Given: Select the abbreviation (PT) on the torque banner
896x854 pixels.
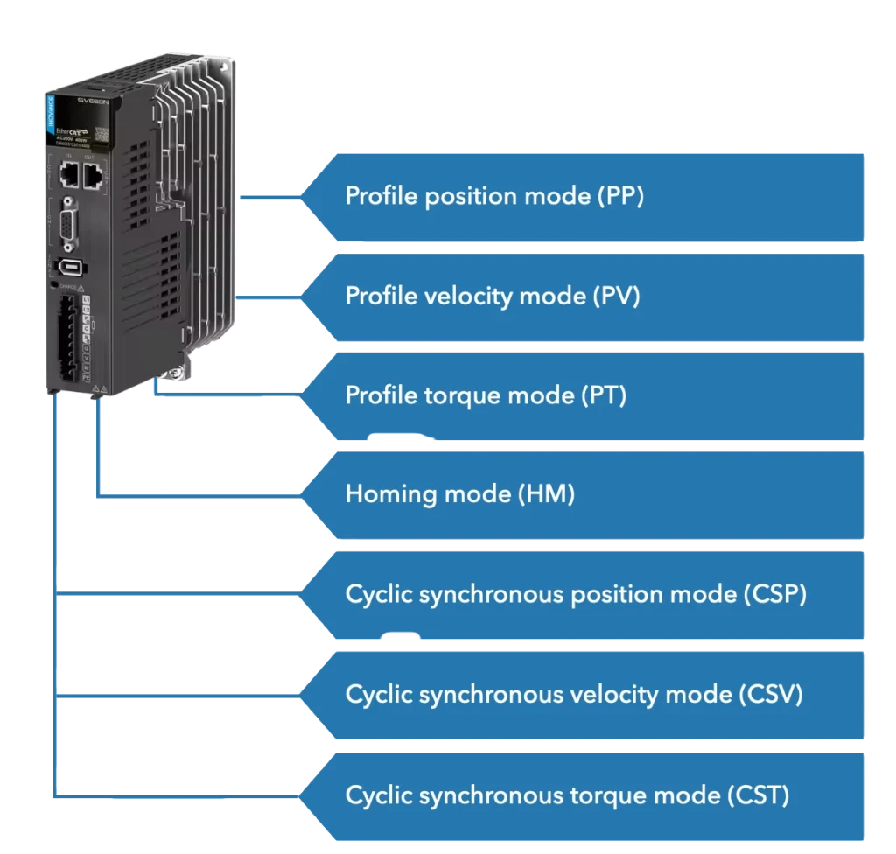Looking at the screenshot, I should click(x=604, y=395).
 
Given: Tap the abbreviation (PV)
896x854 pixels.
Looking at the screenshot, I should click(x=617, y=296).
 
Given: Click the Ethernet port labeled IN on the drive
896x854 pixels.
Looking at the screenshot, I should click(x=69, y=176).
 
